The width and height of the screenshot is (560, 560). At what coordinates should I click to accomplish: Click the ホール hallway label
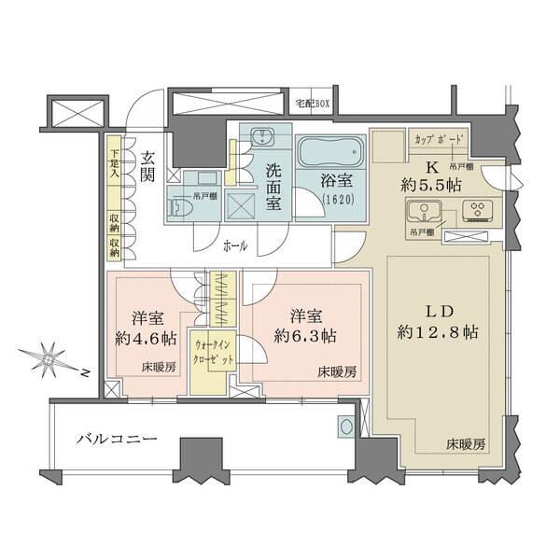pyautogui.click(x=235, y=246)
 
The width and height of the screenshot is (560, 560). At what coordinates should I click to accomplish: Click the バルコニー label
pyautogui.click(x=115, y=438)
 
